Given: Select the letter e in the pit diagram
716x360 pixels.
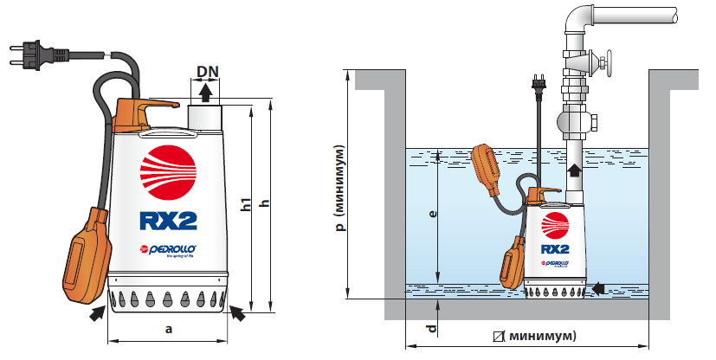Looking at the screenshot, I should pyautogui.click(x=434, y=212).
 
